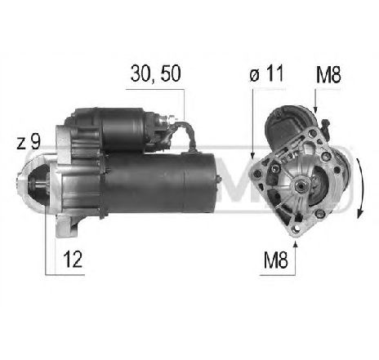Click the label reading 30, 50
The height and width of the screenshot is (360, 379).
click(155, 73)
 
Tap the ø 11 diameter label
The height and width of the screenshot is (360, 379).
click(266, 73)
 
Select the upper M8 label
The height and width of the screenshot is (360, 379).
click(328, 75)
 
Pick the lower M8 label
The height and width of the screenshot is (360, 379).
click(275, 260)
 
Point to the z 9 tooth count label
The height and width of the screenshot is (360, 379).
click(29, 142)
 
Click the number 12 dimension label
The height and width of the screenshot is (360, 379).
click(73, 260)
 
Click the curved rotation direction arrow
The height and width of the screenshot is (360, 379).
click(361, 188)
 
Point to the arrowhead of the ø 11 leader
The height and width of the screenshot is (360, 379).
click(252, 155)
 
